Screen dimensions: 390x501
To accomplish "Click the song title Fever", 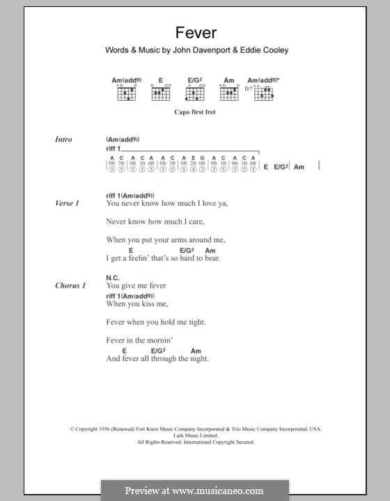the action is (x=195, y=32).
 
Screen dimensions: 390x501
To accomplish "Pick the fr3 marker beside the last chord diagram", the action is (x=249, y=89).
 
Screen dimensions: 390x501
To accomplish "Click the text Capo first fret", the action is (x=196, y=111).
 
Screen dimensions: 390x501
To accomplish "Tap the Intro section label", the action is (x=63, y=139).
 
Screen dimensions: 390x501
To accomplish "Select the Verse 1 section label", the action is (x=67, y=203).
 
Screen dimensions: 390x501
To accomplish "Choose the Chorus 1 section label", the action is (x=69, y=285).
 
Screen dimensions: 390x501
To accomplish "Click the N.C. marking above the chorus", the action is (x=114, y=277).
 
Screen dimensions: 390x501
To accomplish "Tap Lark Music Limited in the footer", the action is (x=195, y=436).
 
